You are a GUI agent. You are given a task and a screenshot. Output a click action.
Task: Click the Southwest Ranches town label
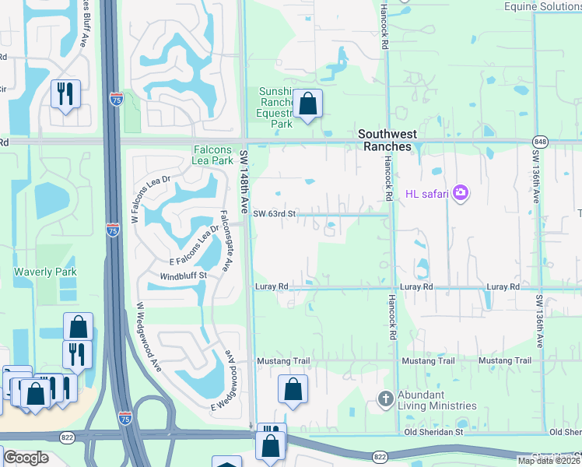(387, 140)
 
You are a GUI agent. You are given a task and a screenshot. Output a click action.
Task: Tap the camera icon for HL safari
(461, 192)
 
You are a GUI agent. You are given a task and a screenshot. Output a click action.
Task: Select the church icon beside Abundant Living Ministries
(384, 399)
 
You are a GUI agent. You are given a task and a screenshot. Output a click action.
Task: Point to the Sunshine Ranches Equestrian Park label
(276, 107)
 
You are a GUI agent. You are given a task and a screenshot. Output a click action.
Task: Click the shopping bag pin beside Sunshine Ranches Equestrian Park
(308, 104)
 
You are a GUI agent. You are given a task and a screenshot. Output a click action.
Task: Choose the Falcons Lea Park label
(213, 155)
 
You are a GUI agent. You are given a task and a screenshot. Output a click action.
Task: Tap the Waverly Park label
(44, 272)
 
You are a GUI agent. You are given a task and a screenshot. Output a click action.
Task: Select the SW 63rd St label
(275, 213)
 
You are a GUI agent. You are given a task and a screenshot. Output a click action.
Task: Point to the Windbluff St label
(183, 276)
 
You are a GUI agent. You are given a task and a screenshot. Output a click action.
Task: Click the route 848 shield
(539, 142)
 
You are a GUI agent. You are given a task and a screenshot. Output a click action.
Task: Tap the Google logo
(26, 458)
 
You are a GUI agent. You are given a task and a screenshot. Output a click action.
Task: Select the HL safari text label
(426, 193)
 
